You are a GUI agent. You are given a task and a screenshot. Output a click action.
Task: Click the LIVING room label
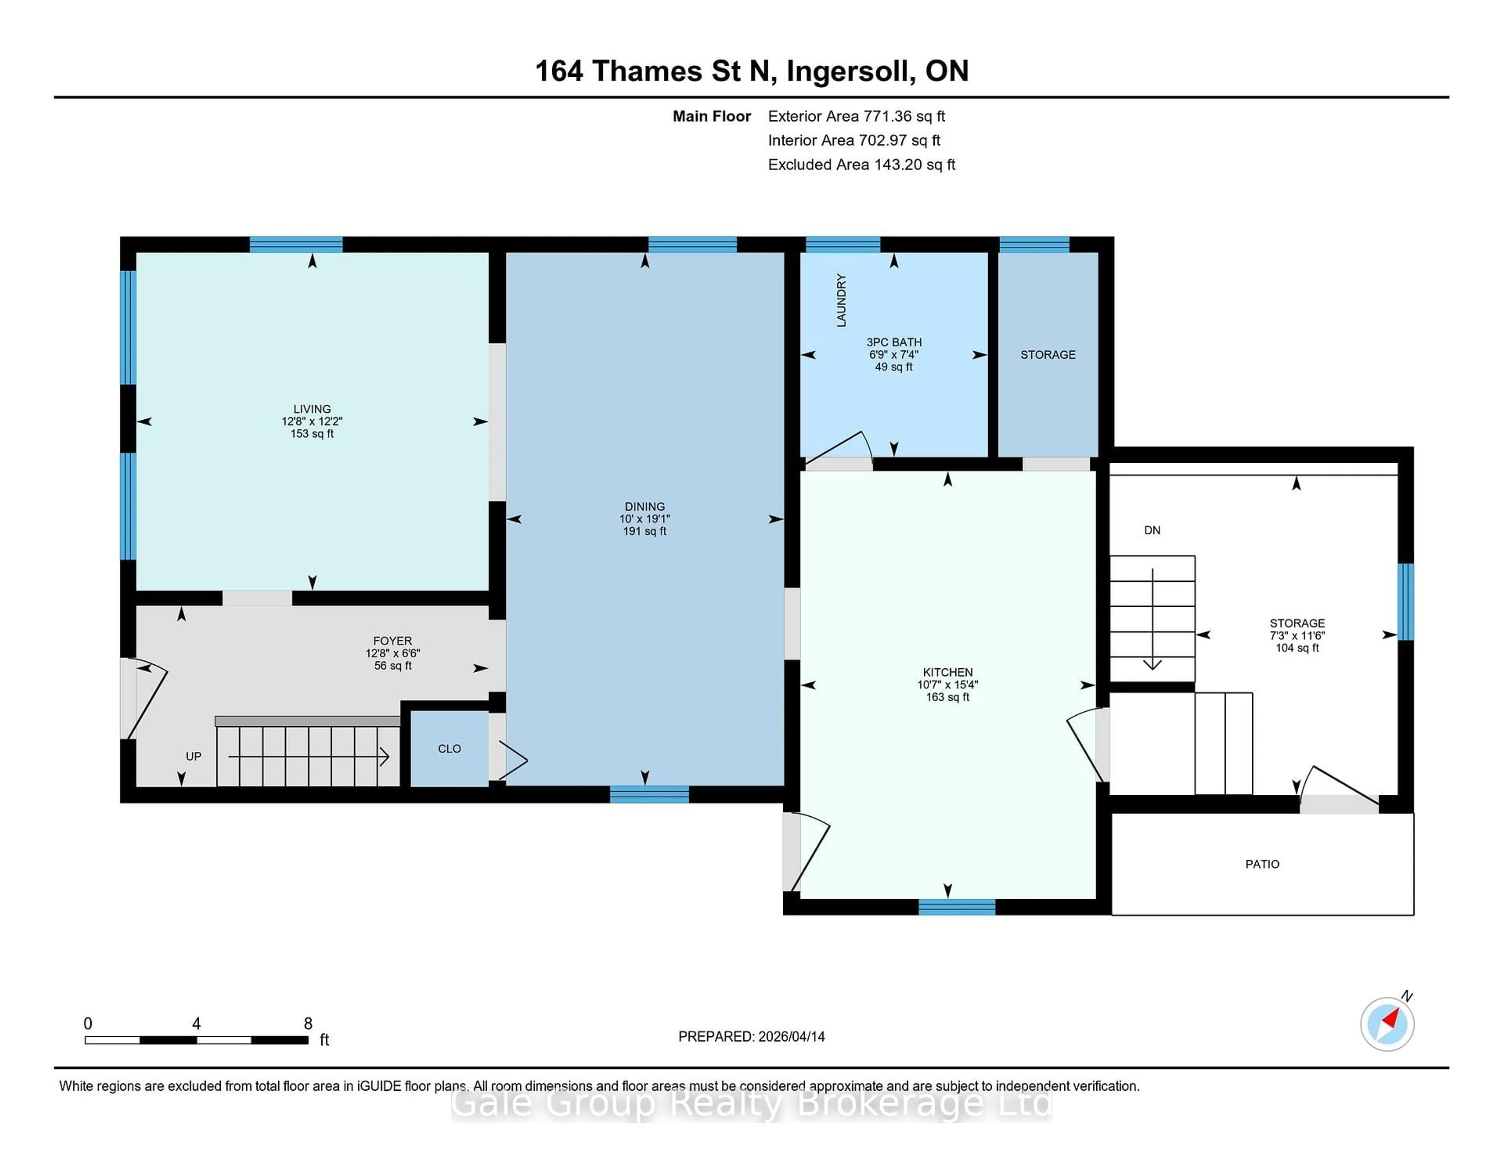tap(312, 409)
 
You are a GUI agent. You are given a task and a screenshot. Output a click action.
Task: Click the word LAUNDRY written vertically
tap(841, 300)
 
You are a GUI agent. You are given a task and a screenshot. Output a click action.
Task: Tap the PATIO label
tap(1262, 864)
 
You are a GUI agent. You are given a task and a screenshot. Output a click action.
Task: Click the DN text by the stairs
tap(1152, 530)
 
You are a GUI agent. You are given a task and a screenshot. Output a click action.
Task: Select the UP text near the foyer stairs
tap(193, 756)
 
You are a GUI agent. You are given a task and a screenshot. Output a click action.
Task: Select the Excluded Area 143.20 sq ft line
tap(861, 164)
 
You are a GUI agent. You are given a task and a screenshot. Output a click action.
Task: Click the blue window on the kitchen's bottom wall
tap(957, 907)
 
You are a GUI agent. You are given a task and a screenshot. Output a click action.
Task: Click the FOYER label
tap(392, 641)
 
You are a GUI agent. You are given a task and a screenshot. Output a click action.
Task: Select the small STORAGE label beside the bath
tap(1047, 355)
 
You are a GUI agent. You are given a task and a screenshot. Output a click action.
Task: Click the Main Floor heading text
tap(712, 116)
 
